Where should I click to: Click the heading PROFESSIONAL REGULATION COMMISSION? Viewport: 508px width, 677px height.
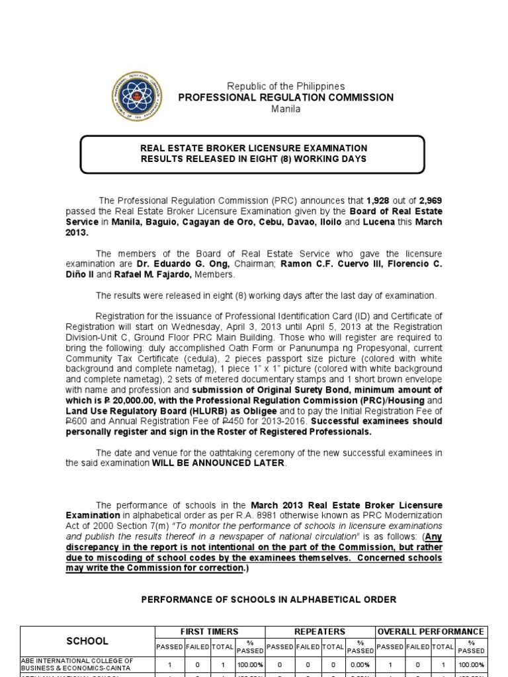(x=286, y=97)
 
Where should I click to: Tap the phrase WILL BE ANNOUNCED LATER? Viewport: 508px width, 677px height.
(x=219, y=463)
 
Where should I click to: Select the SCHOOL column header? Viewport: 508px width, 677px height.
(x=87, y=641)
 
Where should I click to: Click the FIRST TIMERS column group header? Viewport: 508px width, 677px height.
(x=209, y=632)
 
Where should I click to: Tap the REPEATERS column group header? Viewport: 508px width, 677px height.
(x=319, y=632)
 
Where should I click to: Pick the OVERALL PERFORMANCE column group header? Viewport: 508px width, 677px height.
(x=431, y=632)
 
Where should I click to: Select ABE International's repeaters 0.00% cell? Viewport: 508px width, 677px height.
(x=360, y=664)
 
